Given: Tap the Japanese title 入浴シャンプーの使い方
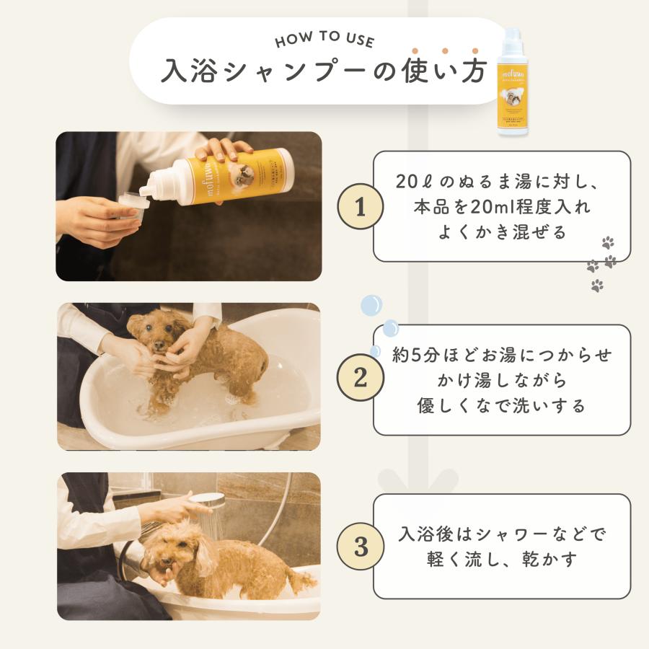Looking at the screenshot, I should point(324,71).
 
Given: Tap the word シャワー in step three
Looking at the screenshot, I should point(496,534).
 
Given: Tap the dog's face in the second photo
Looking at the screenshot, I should point(154,334).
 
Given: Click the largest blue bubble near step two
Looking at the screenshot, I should point(371,305).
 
